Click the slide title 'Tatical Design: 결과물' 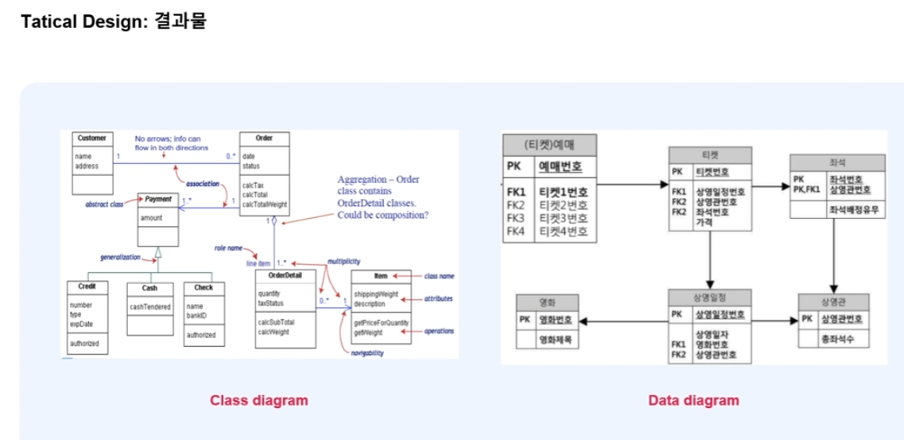(113, 21)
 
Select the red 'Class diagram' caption (258, 400)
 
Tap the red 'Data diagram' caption (693, 400)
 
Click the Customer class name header (91, 138)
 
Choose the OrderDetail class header (285, 275)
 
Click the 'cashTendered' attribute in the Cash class (149, 306)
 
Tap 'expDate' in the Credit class (81, 324)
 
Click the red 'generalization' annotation (120, 257)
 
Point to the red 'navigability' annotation (367, 352)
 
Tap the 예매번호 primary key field (561, 167)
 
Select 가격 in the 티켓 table (704, 222)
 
